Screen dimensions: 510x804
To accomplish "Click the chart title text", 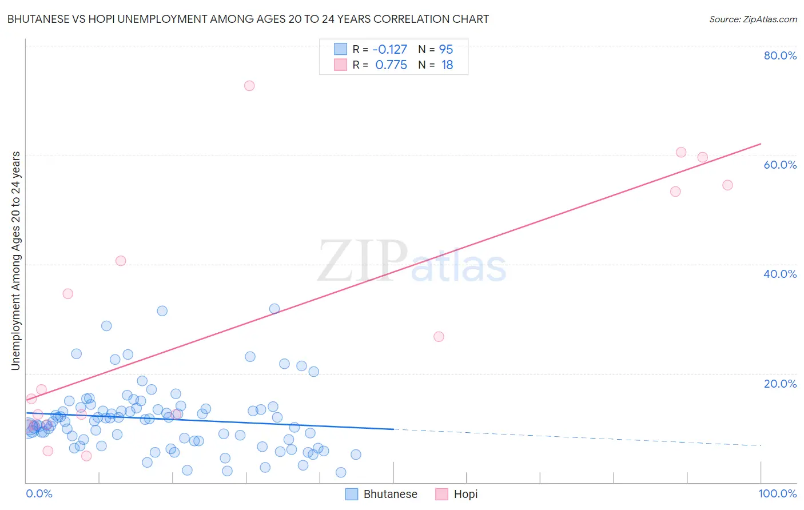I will pyautogui.click(x=248, y=19).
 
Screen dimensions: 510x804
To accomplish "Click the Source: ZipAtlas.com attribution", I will pyautogui.click(x=753, y=19).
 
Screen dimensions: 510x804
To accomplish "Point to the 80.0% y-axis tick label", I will pyautogui.click(x=780, y=55).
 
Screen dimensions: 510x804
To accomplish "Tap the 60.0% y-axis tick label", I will pyautogui.click(x=780, y=165).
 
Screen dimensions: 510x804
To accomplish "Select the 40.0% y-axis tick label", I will pyautogui.click(x=780, y=274).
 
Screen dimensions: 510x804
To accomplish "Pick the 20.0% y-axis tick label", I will pyautogui.click(x=780, y=384).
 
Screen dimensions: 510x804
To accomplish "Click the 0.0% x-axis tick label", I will pyautogui.click(x=39, y=493).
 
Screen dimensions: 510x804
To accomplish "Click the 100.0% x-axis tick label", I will pyautogui.click(x=777, y=493).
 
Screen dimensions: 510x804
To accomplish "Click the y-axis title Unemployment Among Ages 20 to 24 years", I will pyautogui.click(x=15, y=261).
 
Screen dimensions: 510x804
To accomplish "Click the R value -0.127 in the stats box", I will pyautogui.click(x=389, y=49).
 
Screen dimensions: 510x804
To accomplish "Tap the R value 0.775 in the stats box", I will pyautogui.click(x=391, y=65).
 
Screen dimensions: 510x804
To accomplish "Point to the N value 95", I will pyautogui.click(x=446, y=49).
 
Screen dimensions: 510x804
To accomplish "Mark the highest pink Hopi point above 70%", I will pyautogui.click(x=249, y=86).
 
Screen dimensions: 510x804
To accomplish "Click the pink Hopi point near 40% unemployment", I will pyautogui.click(x=121, y=261).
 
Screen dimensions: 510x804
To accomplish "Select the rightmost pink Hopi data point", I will pyautogui.click(x=727, y=185).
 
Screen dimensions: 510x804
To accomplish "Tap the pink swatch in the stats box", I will pyautogui.click(x=340, y=65).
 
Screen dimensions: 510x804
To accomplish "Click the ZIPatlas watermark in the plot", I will pyautogui.click(x=412, y=262).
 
